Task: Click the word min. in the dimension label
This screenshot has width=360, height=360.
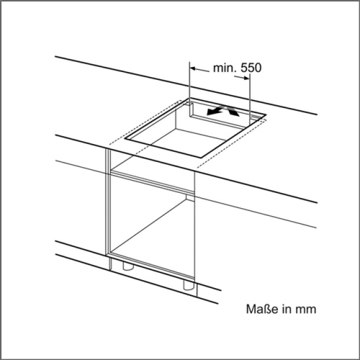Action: pyautogui.click(x=224, y=68)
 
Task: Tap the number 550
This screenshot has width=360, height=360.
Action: pyautogui.click(x=251, y=68)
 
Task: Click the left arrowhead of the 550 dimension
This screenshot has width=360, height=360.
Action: pyautogui.click(x=193, y=69)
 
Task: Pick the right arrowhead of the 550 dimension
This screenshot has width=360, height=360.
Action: pyautogui.click(x=246, y=78)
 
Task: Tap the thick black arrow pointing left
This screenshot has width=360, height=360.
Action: pyautogui.click(x=215, y=111)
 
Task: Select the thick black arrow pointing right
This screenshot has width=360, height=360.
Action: pyautogui.click(x=232, y=111)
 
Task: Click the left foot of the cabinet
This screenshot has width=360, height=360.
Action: pyautogui.click(x=128, y=266)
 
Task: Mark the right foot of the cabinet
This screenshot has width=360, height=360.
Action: pyautogui.click(x=189, y=285)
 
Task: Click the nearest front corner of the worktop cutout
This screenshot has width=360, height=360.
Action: pyautogui.click(x=201, y=158)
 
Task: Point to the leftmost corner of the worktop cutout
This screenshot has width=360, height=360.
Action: pyautogui.click(x=125, y=139)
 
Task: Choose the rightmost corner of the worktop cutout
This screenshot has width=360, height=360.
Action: pyautogui.click(x=266, y=114)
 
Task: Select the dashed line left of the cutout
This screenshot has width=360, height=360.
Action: pyautogui.click(x=144, y=123)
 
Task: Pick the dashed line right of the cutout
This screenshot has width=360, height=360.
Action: pyautogui.click(x=232, y=143)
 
